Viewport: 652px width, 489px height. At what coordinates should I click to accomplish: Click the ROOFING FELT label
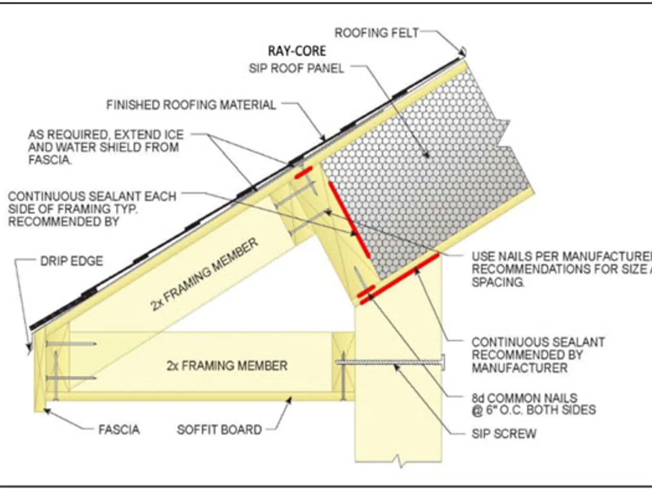click(376, 33)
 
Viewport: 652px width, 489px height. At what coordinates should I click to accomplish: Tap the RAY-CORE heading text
click(297, 51)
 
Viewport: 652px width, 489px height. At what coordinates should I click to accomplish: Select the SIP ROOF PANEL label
click(296, 68)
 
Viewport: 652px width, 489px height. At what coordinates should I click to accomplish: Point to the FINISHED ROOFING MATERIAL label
click(191, 105)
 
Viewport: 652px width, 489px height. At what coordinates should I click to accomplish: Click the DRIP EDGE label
click(72, 261)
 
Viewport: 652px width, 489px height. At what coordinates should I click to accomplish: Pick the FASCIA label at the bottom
click(119, 430)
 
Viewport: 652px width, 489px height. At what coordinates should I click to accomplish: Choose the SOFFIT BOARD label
click(219, 430)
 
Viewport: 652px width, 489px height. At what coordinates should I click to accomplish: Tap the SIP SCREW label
click(504, 434)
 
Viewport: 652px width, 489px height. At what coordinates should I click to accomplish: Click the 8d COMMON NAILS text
click(524, 398)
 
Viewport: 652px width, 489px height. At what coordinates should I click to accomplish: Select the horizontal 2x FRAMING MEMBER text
click(227, 365)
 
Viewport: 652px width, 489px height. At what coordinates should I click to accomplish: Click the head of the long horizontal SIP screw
click(443, 362)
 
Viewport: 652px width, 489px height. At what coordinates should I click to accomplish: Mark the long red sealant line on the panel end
click(349, 220)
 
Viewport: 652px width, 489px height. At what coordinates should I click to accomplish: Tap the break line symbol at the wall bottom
click(399, 461)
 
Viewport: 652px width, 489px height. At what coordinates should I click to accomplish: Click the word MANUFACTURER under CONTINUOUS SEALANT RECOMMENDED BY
click(520, 368)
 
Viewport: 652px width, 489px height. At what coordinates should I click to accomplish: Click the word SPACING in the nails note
click(498, 282)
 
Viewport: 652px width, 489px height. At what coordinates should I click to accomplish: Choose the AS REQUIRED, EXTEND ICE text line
click(106, 134)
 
